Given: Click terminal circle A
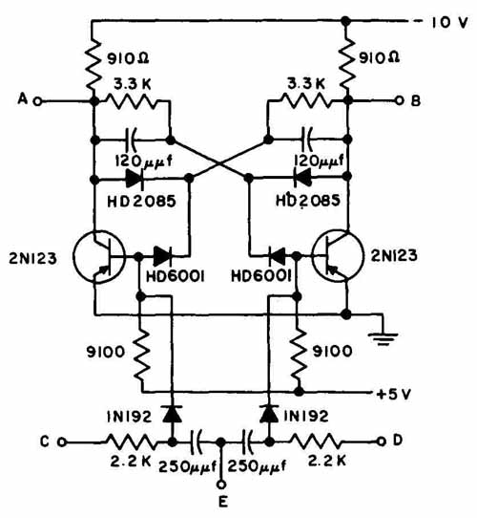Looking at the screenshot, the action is point(38,101).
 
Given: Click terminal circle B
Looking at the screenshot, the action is point(400,100).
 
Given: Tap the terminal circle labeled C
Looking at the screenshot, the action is point(62,442).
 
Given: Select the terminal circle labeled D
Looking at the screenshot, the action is point(382,441).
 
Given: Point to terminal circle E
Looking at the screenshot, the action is point(221,485).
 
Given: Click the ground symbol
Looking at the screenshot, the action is point(383,338).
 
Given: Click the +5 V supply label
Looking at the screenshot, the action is point(394,394).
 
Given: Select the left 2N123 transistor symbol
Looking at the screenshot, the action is point(99,256).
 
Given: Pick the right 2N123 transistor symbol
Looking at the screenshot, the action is point(338,256).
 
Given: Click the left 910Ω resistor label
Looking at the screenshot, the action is point(128,58).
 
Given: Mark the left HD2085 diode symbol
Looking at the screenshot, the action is point(135,180).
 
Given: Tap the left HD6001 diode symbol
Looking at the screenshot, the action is point(162,256).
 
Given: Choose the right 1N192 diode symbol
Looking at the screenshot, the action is point(269,414).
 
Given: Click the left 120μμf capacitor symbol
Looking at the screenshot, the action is point(132,140).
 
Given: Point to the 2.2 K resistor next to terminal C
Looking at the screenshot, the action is point(131,442).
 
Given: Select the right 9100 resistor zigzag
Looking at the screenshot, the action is point(299,355).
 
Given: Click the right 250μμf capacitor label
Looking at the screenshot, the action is point(257,466).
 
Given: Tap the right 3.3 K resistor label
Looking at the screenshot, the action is point(306,84).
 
